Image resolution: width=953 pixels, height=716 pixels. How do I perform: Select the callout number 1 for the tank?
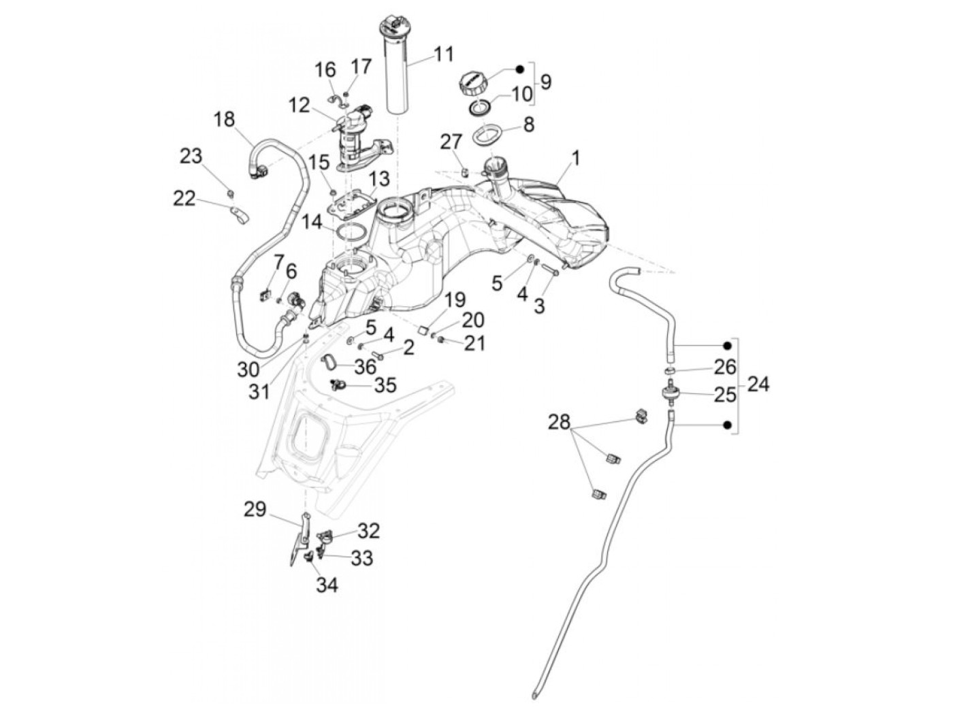[x=575, y=159]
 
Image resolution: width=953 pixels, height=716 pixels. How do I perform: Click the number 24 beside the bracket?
[x=758, y=385]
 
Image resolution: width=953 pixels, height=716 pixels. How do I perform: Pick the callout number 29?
[x=255, y=509]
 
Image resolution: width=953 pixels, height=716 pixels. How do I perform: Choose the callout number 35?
[x=385, y=386]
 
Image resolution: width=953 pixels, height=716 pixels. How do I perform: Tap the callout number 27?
[x=450, y=142]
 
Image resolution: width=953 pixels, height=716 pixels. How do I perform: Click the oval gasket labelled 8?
[x=488, y=134]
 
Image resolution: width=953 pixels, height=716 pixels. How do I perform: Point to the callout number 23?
[x=191, y=156]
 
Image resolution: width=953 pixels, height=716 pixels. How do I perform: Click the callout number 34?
[x=327, y=584]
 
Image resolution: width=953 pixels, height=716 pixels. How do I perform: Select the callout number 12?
[x=299, y=105]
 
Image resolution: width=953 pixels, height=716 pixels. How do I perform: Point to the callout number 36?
[x=365, y=367]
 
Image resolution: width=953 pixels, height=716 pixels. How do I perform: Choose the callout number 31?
[x=259, y=391]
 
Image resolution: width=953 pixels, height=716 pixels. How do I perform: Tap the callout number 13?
[x=379, y=179]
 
